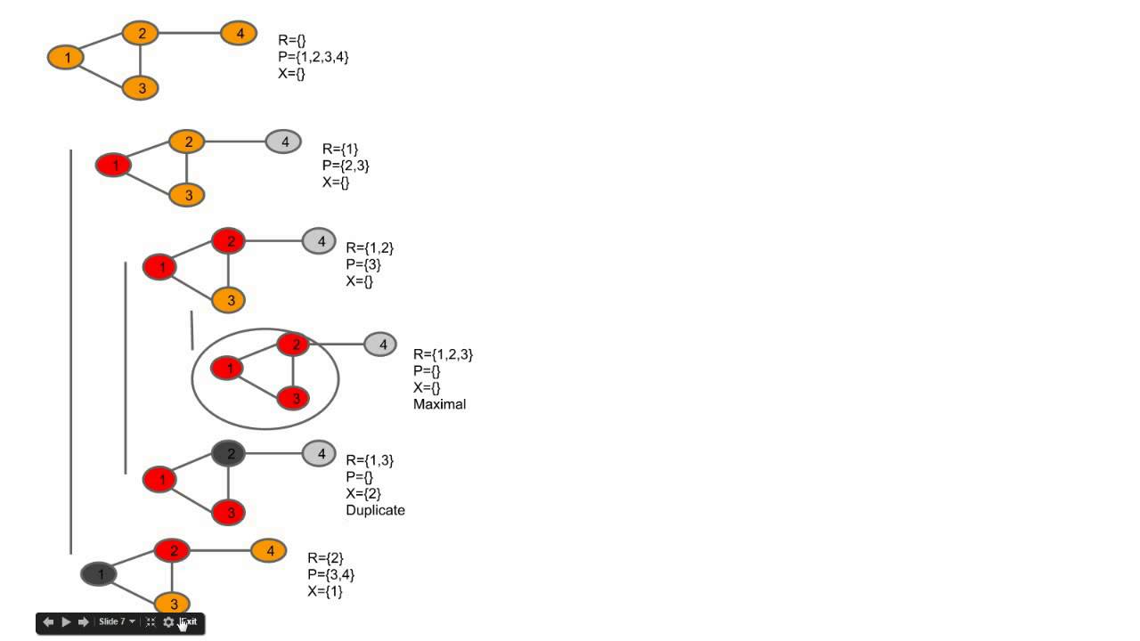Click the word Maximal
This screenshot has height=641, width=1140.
439,404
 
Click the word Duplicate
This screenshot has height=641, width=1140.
375,510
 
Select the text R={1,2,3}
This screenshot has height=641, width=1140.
443,354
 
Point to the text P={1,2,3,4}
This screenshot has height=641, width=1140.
313,57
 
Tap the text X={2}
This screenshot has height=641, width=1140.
362,493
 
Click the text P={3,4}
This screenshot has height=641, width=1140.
330,574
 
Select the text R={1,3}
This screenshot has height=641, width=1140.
369,460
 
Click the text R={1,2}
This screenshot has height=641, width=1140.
369,247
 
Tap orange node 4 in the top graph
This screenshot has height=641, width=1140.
239,34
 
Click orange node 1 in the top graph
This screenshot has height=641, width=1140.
67,58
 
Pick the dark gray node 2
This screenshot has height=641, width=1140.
229,453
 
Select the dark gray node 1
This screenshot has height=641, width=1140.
100,574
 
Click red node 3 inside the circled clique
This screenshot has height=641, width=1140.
293,397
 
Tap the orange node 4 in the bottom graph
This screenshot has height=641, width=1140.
269,551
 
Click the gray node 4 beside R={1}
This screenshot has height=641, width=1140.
283,142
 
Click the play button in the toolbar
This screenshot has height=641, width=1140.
66,622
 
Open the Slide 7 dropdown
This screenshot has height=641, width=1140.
118,622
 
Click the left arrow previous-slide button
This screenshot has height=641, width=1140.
48,622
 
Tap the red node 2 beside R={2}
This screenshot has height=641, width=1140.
173,551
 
